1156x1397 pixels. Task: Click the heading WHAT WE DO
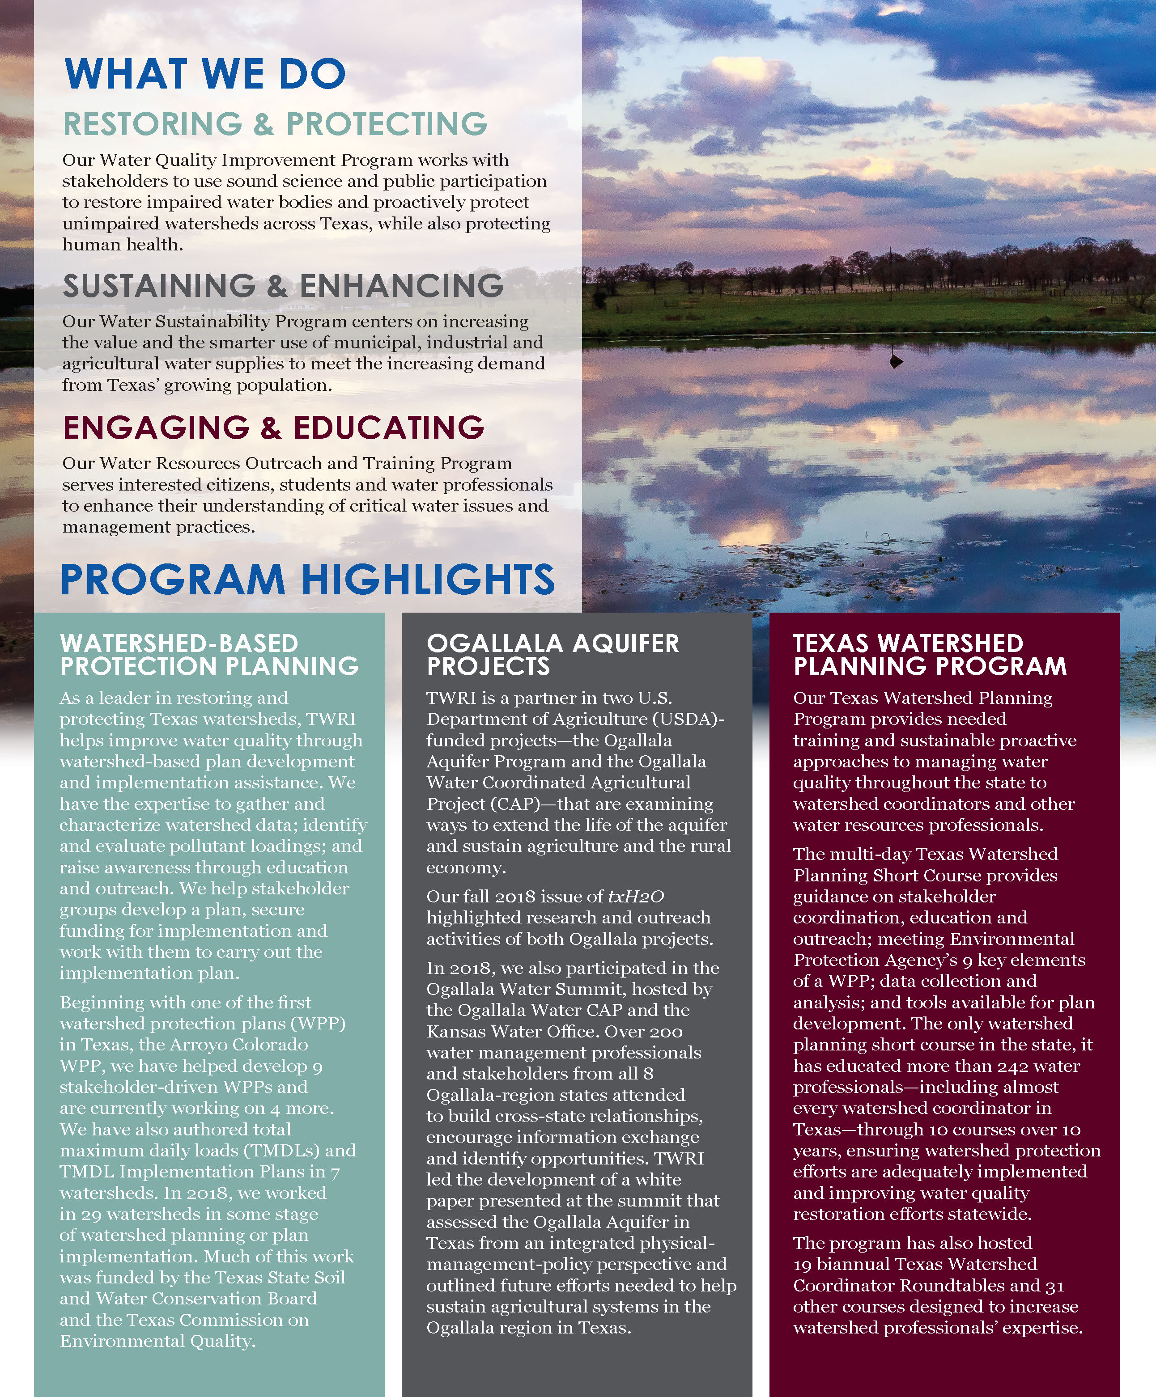click(205, 74)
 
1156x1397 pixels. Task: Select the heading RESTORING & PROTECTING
click(275, 124)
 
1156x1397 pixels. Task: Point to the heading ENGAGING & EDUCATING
click(273, 428)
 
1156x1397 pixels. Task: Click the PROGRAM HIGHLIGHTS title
click(307, 580)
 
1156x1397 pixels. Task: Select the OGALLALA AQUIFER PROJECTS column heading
click(552, 655)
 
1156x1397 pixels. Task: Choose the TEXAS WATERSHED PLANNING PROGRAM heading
click(930, 655)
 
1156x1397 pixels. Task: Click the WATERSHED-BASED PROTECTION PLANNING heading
click(209, 655)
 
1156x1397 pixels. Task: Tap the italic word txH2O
click(636, 897)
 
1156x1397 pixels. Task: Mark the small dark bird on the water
click(897, 361)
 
